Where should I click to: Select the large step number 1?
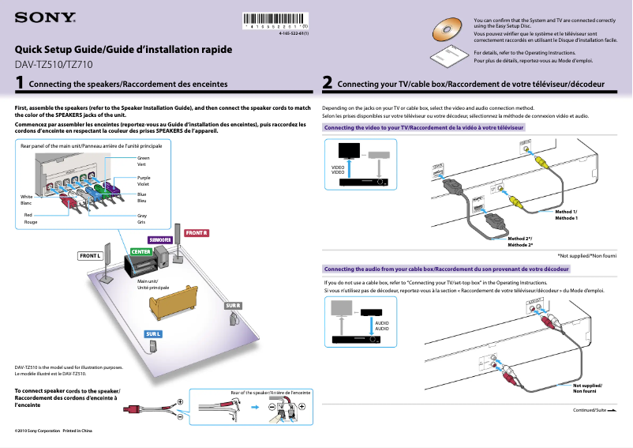19,82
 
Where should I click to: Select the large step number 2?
327,82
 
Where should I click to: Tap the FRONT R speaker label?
196,233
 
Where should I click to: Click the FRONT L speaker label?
91,256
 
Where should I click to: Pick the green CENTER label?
140,251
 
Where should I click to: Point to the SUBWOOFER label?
160,239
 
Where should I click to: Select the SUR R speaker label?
232,305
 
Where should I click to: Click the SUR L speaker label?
153,334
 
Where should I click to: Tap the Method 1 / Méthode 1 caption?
566,214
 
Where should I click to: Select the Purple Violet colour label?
143,181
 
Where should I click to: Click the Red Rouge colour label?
30,218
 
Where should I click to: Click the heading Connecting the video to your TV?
423,127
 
